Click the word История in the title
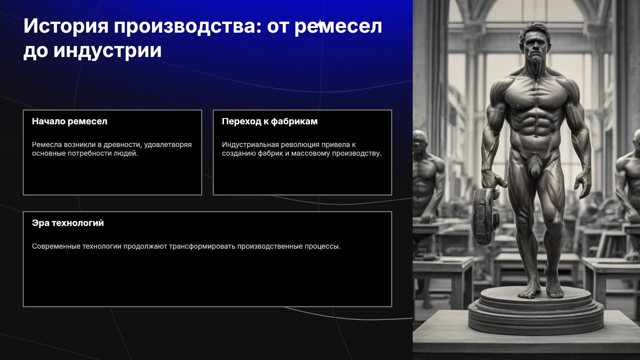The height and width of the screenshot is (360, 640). (66, 26)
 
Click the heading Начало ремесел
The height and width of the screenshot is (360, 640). (70, 121)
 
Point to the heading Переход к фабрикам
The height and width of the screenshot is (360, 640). (270, 121)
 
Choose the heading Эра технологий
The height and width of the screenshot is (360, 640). (68, 223)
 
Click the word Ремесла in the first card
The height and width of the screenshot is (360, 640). (47, 145)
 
